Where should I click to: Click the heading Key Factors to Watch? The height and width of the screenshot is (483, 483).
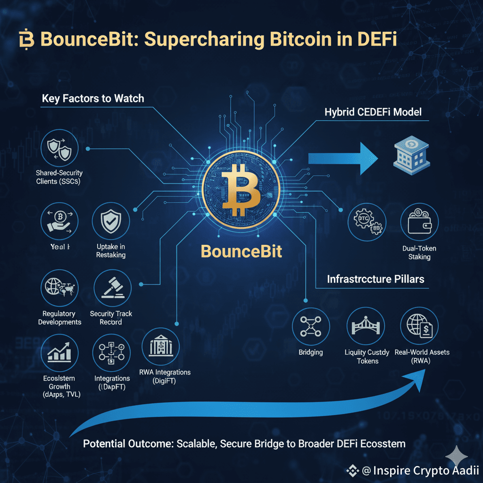[x=93, y=99]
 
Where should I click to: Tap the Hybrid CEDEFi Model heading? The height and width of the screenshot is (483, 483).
[x=373, y=113]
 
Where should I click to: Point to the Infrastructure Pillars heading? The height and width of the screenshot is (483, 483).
[x=375, y=279]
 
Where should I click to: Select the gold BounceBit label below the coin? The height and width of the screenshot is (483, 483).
[x=241, y=251]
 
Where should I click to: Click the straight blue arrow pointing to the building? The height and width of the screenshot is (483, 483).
[x=340, y=158]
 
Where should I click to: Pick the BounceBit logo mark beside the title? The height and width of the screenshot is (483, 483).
[x=27, y=40]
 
